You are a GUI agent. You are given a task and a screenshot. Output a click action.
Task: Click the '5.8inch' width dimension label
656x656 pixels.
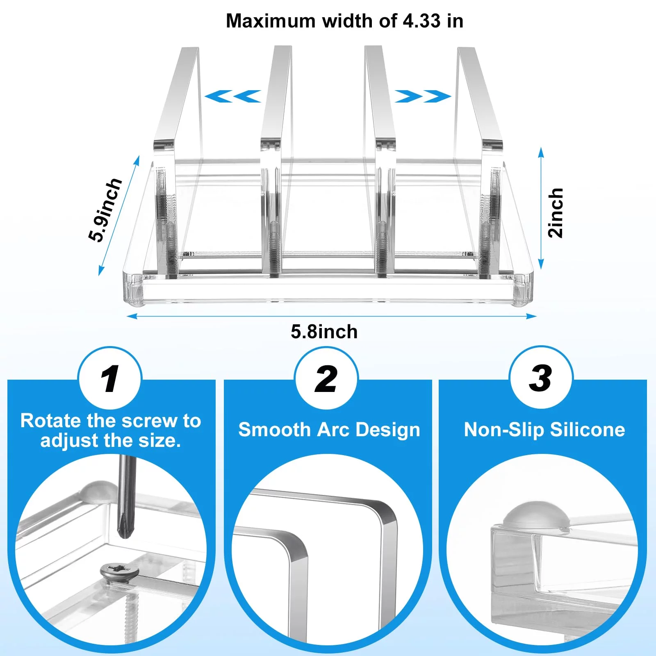324,332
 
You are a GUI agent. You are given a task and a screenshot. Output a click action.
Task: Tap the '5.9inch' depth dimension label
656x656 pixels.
105,210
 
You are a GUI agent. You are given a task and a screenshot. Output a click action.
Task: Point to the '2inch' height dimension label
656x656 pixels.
556,213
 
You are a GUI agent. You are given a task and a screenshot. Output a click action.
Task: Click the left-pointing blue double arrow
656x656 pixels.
232,96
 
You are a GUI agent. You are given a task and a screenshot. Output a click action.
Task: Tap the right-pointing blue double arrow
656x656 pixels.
423,96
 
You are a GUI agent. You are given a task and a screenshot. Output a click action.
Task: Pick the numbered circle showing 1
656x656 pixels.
110,378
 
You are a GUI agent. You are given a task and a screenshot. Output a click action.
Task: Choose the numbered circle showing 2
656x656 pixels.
326,378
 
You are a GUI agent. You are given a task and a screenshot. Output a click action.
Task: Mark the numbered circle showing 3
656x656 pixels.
541,377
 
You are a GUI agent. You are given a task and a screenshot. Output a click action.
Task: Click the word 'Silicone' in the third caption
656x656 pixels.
588,430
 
